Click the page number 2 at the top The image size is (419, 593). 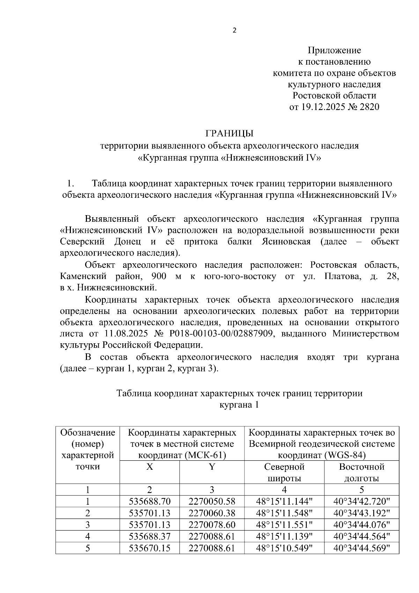click(234, 31)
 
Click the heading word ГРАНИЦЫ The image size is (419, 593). click(229, 134)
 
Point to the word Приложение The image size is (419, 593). click(334, 50)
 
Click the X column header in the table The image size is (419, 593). click(149, 467)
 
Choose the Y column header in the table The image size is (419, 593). click(212, 467)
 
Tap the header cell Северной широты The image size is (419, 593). click(284, 473)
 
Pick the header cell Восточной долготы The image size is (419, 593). click(362, 473)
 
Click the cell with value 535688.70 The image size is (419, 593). click(149, 502)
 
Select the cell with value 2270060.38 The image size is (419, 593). click(212, 513)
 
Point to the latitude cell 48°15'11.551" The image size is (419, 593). click(284, 525)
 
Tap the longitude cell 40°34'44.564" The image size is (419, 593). click(361, 536)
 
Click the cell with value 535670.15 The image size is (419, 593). click(149, 548)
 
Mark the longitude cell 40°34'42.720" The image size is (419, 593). click(361, 502)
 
